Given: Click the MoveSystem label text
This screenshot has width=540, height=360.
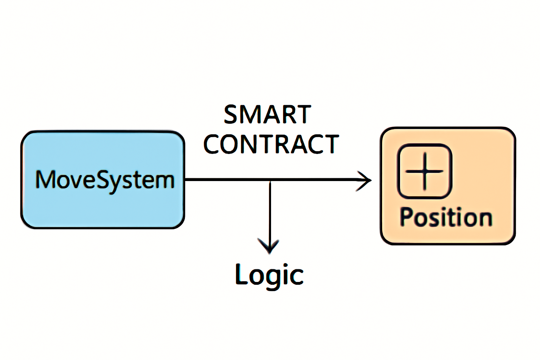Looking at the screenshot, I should (105, 180).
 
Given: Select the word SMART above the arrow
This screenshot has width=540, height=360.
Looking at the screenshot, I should (267, 115).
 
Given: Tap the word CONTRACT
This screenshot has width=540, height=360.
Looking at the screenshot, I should (271, 144).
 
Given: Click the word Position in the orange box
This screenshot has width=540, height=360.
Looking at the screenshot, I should (446, 217).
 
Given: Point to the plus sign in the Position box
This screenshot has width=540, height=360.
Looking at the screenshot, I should (424, 171).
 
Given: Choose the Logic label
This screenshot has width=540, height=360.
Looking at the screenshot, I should (269, 275).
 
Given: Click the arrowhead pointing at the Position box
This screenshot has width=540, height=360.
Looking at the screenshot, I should (366, 180).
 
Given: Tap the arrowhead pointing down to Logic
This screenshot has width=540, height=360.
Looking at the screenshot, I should (269, 246).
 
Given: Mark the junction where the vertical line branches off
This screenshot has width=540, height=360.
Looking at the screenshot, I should (270, 180).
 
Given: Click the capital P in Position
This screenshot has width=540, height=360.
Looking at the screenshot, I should (406, 217).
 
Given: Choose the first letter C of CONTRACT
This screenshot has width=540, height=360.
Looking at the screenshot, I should (213, 144).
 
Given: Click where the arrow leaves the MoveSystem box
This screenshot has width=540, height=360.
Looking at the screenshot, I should (186, 180).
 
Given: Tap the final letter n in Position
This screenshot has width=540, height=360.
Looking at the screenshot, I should (485, 219).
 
